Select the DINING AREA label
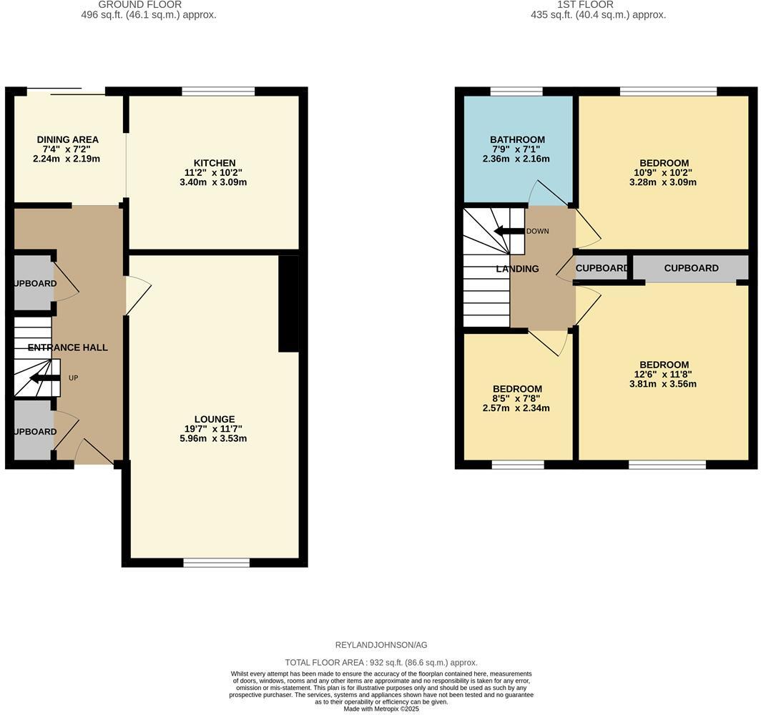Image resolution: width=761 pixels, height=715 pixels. click(68, 139)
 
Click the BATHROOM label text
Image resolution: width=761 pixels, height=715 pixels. click(517, 139)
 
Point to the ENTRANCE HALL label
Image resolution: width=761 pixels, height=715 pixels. click(68, 347)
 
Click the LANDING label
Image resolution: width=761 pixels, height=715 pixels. click(517, 269)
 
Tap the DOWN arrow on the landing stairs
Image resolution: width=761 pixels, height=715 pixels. click(509, 231)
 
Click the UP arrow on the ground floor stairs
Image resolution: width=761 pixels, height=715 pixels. click(45, 378)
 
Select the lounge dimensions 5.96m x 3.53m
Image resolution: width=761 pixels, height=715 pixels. click(213, 438)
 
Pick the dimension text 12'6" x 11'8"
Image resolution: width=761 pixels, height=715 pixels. click(664, 374)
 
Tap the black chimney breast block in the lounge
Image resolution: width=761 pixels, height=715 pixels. click(288, 304)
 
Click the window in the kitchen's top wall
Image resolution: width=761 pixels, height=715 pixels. click(218, 91)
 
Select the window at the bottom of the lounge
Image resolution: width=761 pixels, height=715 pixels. click(216, 563)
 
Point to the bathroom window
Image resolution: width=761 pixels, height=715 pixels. click(516, 91)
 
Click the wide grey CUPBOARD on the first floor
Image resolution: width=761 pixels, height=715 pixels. click(690, 268)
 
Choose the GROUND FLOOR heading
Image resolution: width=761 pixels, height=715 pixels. click(139, 4)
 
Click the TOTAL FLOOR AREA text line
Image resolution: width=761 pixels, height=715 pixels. click(380, 663)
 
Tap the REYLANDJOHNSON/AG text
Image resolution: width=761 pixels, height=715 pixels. click(380, 645)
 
